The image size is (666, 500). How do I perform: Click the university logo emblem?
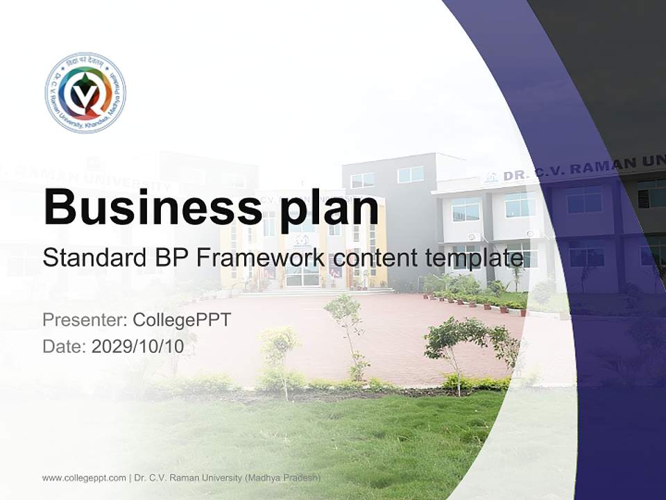85,92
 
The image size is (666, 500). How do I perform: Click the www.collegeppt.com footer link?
84,478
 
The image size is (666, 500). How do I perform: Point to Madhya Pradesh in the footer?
284,478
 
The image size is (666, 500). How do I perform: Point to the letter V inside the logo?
86,97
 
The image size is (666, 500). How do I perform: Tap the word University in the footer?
219,478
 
